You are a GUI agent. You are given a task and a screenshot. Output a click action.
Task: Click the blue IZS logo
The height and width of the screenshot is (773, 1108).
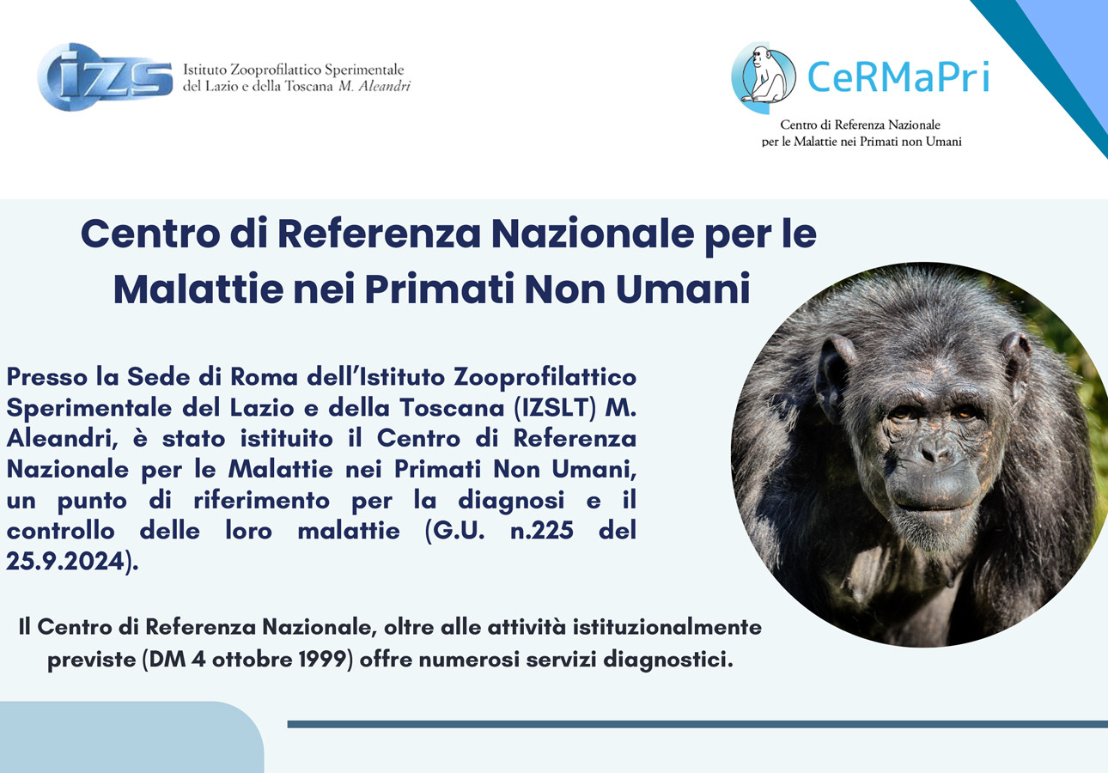[x=105, y=77]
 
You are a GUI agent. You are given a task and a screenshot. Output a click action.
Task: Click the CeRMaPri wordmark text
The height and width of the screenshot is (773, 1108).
[x=898, y=77]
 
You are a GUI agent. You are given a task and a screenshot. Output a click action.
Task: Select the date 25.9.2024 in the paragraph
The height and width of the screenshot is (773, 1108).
[x=69, y=563]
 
